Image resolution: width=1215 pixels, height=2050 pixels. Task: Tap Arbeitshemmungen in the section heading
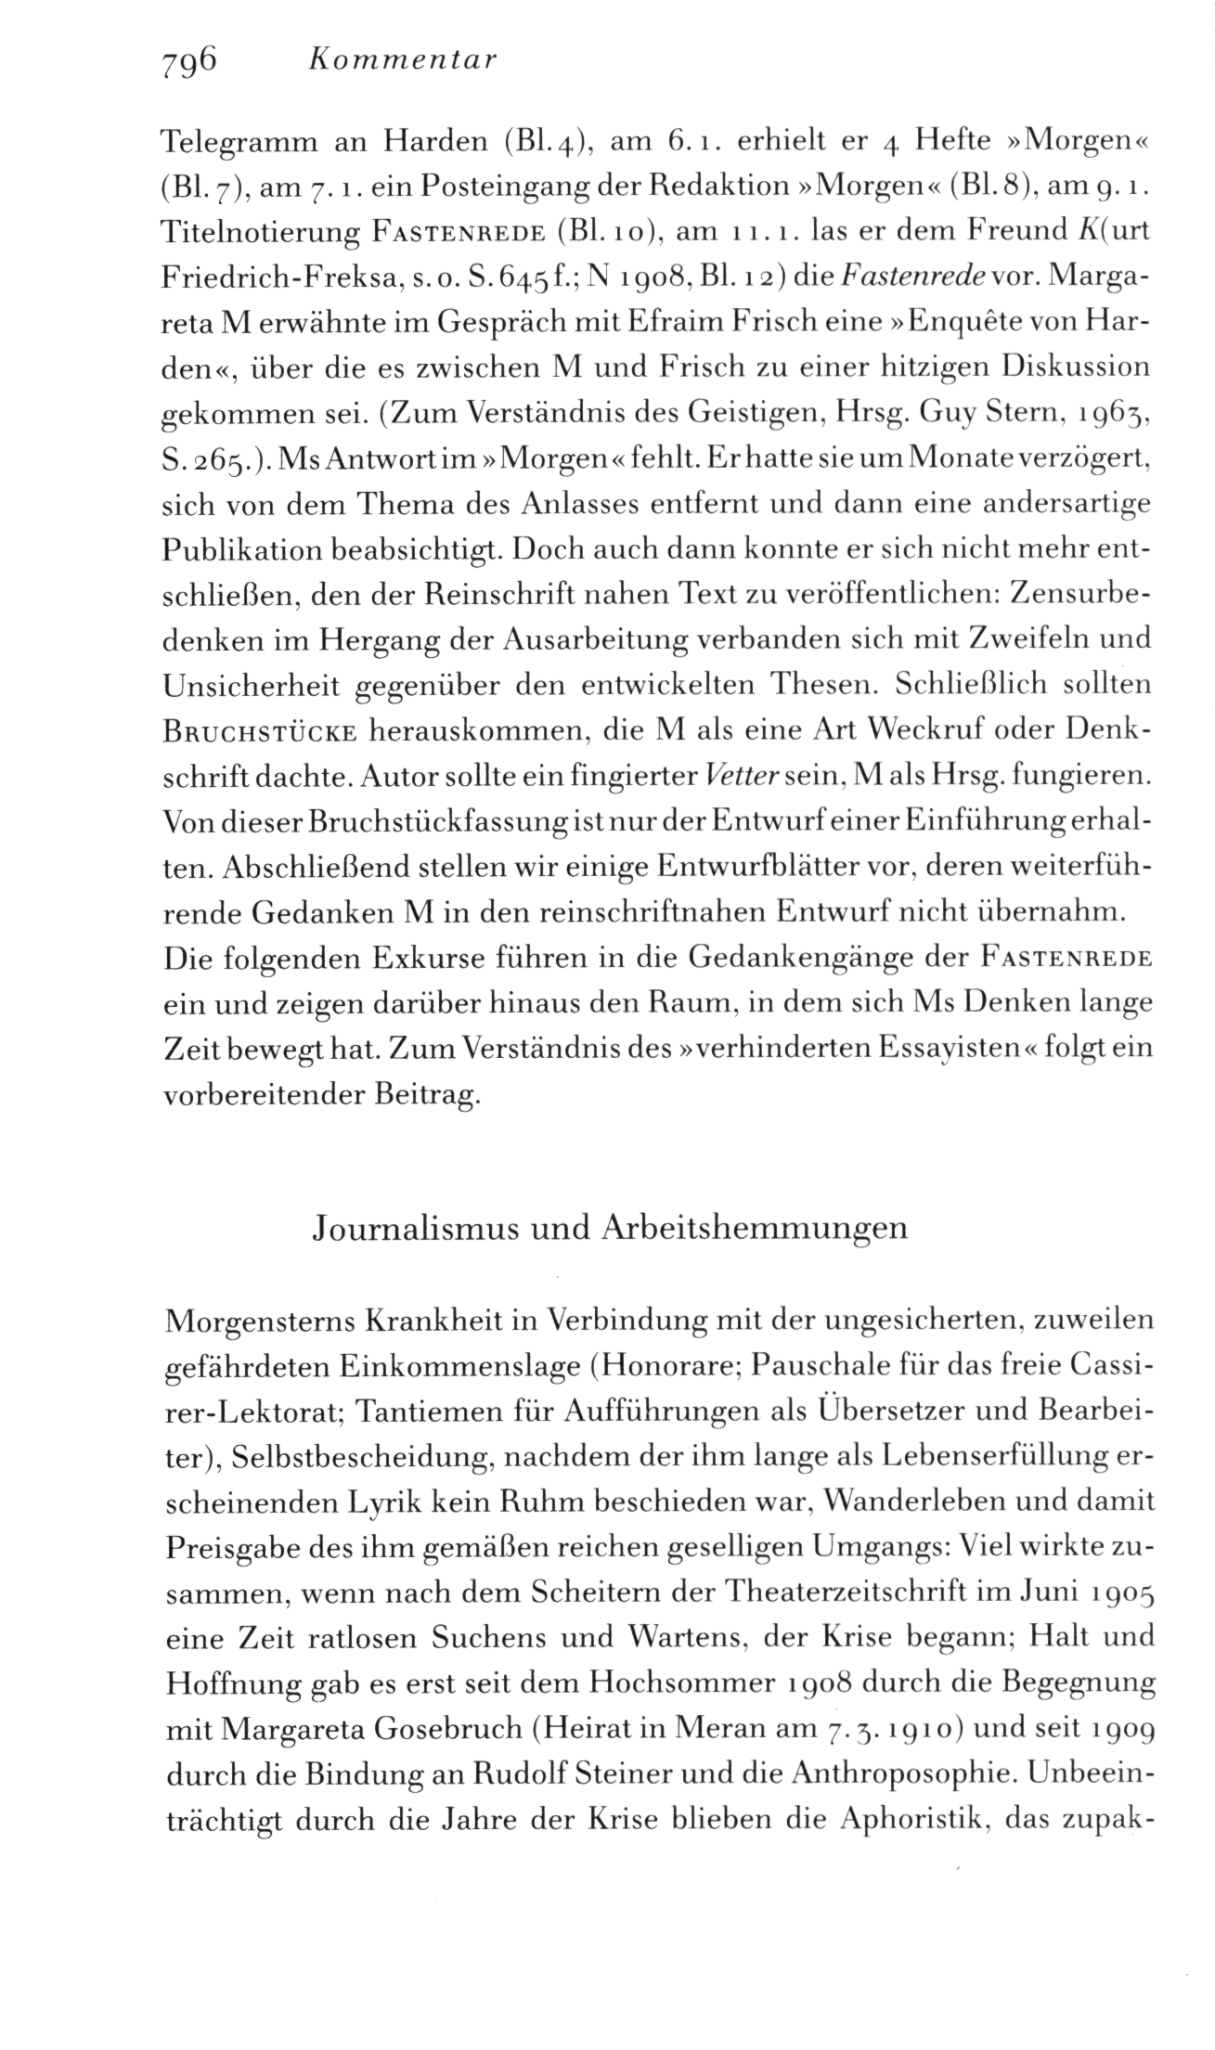point(753,1229)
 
